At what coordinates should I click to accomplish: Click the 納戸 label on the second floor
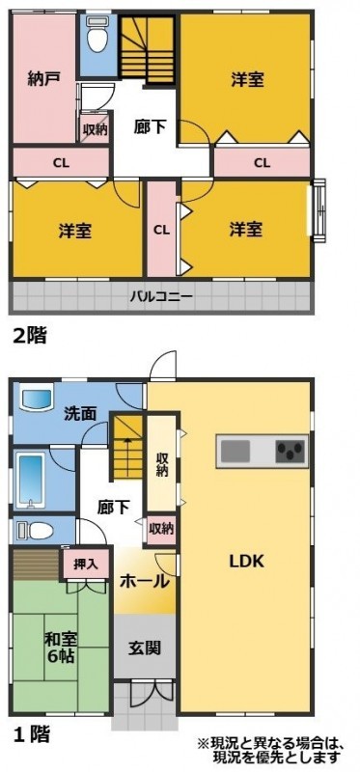42,80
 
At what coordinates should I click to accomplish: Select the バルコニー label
161,297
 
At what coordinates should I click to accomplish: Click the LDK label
246,562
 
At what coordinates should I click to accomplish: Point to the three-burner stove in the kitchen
291,452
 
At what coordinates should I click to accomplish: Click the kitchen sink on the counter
235,451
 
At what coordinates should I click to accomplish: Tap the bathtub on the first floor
31,480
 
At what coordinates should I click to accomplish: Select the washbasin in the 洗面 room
36,400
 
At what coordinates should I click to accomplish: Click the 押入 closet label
84,564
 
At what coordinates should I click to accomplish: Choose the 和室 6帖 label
61,648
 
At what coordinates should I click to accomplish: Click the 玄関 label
145,648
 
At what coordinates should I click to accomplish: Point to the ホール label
145,582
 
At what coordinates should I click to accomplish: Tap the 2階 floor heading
29,336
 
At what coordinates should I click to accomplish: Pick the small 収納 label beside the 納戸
94,130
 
